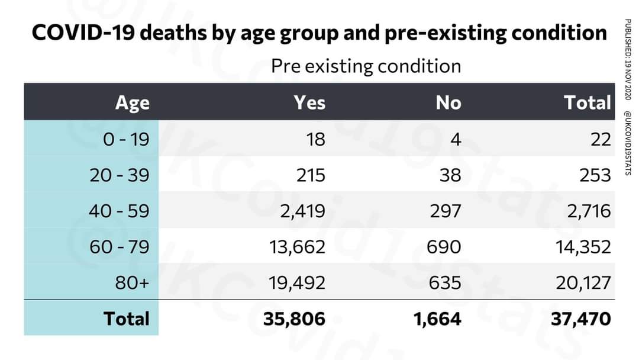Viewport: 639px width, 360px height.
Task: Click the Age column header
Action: coord(133,102)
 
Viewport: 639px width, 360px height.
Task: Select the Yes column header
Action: coord(309,102)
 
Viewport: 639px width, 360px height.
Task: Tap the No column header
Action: coord(448,102)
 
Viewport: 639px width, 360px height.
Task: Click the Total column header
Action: coord(587,102)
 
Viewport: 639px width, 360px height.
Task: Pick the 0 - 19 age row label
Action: coord(126,140)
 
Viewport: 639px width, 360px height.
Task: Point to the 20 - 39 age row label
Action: coord(120,175)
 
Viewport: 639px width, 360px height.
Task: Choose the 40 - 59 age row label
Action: coord(120,211)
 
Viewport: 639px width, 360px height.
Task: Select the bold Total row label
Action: coord(127,319)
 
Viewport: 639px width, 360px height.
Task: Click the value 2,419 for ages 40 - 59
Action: coord(302,211)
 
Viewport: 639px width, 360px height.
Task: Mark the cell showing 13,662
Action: coord(298,247)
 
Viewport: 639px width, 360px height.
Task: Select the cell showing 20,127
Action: coord(582,282)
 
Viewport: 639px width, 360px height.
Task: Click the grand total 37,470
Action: coord(581,319)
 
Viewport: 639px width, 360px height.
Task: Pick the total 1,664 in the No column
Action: coord(438,319)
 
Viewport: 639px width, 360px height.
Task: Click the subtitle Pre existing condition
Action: coord(366,66)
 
